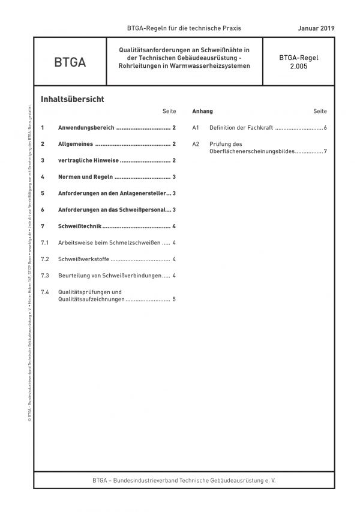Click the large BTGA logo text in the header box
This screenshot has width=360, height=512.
point(70,62)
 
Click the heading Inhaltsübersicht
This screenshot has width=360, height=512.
point(72,99)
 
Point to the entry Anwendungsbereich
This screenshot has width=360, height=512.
point(86,128)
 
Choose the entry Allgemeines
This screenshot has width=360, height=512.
point(75,144)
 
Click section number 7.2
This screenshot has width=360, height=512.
point(44,259)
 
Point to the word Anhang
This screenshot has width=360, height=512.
point(202,112)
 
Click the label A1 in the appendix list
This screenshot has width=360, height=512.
point(196,128)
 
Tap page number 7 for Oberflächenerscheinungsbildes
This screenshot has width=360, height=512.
point(325,151)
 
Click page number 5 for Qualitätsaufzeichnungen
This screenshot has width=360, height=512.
point(174,299)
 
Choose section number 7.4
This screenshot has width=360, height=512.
point(44,292)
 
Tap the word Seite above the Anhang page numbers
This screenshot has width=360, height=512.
point(320,112)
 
